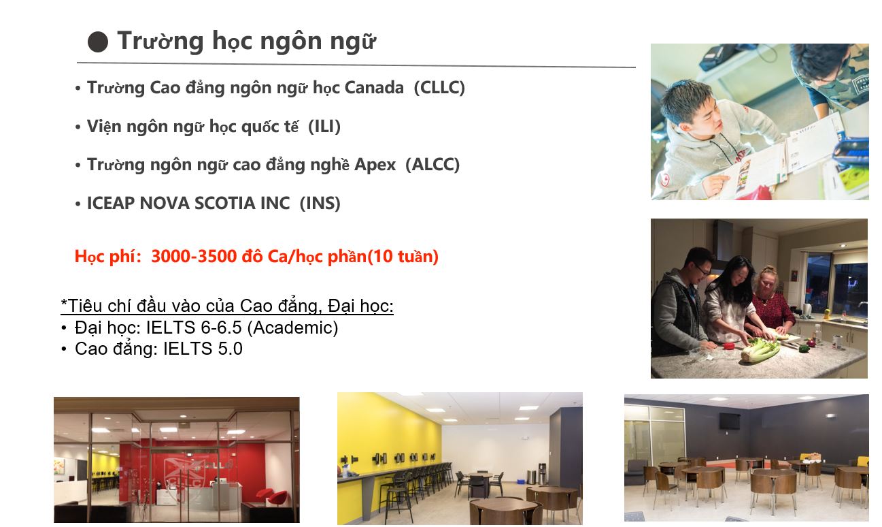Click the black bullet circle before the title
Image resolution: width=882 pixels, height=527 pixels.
[98, 42]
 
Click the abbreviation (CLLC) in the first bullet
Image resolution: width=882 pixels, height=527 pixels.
[439, 88]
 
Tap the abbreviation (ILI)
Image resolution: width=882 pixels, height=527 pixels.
[324, 127]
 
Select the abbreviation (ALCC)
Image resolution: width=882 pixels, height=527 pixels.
[432, 165]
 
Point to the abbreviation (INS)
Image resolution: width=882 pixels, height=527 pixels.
[320, 204]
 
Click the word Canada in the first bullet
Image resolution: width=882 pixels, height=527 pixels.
[374, 88]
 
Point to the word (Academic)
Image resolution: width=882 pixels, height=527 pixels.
[292, 328]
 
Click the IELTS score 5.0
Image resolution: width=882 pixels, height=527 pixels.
[230, 349]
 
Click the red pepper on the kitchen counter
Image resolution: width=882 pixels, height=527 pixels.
[726, 346]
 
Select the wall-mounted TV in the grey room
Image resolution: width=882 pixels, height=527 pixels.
[730, 421]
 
